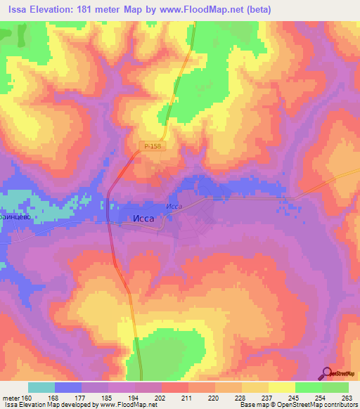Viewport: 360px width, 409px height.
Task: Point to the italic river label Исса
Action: coord(174,206)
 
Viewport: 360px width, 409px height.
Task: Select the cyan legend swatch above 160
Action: coord(41,387)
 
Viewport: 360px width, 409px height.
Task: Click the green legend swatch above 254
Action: coord(309,387)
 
